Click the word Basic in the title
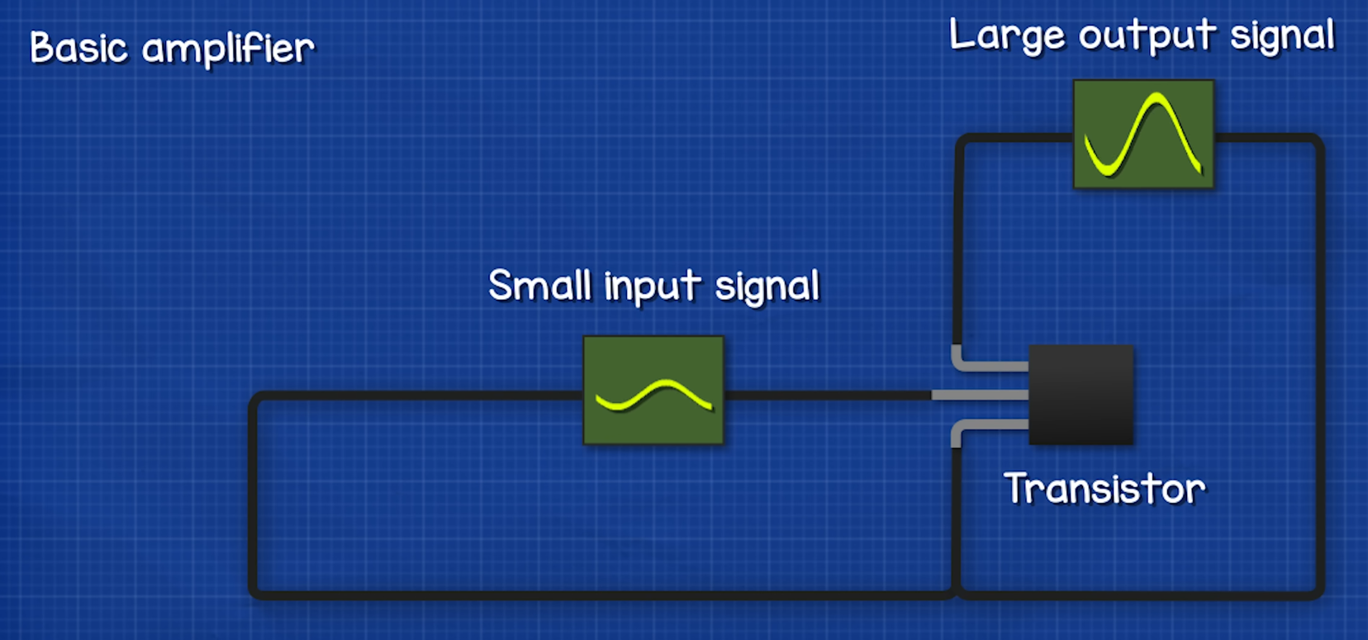[x=78, y=48]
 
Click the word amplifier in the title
[x=228, y=50]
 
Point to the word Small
[x=540, y=287]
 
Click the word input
[x=653, y=288]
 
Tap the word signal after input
[x=767, y=288]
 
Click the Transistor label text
[x=1104, y=488]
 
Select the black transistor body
[x=1081, y=395]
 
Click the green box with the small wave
[x=653, y=390]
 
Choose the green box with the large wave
[x=1143, y=134]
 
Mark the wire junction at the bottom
[x=956, y=591]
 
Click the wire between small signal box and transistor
[x=826, y=395]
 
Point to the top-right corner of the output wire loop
[x=1317, y=141]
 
